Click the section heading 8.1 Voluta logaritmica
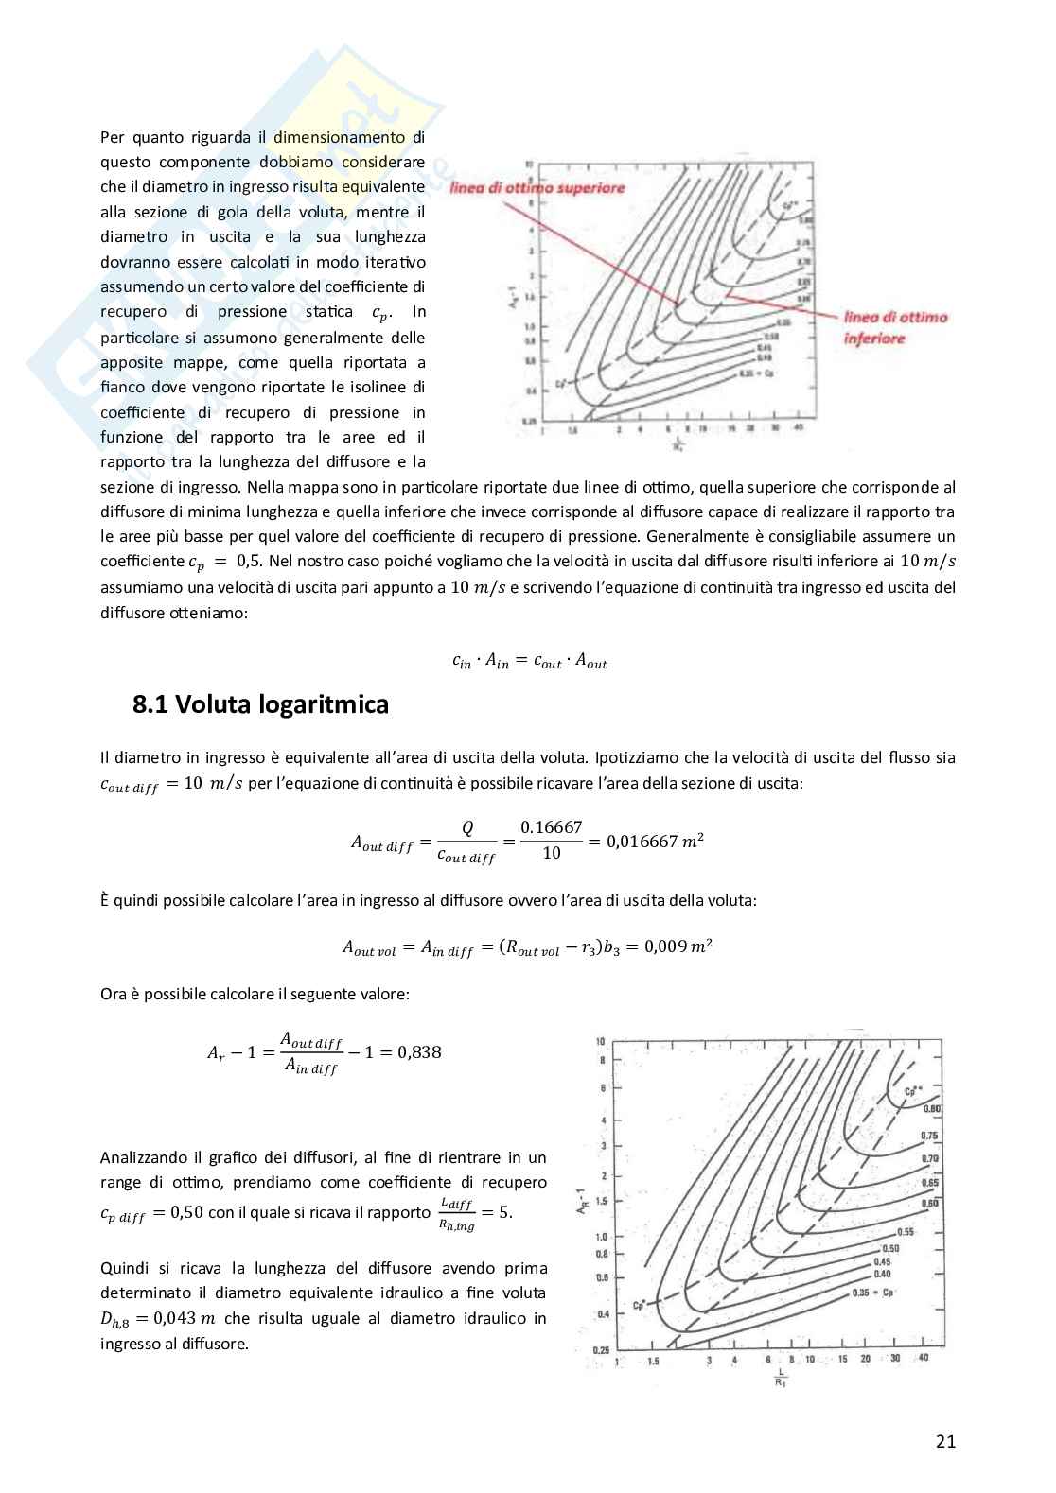click(x=260, y=705)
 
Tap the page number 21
click(x=944, y=1441)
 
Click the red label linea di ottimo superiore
click(x=537, y=188)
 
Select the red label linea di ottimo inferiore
click(x=894, y=327)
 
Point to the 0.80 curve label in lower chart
click(x=931, y=1108)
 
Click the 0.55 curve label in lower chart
click(x=905, y=1231)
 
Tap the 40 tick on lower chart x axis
click(x=924, y=1358)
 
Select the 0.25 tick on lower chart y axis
click(x=601, y=1349)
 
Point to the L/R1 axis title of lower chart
click(x=781, y=1376)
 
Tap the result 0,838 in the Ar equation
click(x=419, y=1051)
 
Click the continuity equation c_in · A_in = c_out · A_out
click(x=529, y=663)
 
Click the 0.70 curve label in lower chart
click(x=930, y=1157)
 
